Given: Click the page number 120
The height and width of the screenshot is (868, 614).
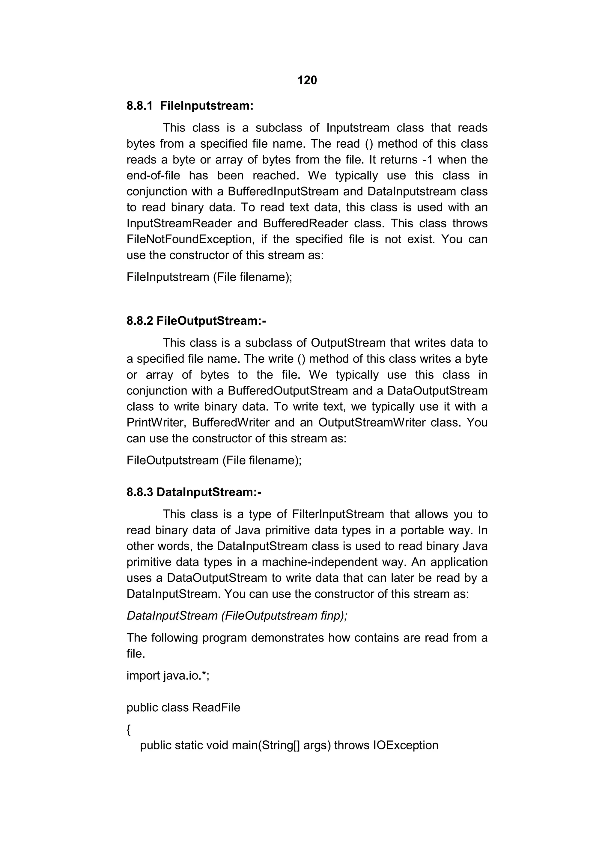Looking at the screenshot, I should [x=307, y=80].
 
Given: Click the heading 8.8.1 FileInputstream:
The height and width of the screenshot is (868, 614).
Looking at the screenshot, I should [x=190, y=106].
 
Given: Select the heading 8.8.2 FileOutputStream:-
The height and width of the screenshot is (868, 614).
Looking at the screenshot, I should [x=196, y=321].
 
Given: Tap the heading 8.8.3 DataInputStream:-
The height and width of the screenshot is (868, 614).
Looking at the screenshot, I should [x=194, y=492].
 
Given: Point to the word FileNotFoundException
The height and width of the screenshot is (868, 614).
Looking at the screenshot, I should [x=189, y=239].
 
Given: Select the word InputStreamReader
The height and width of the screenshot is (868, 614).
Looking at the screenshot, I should [x=179, y=223].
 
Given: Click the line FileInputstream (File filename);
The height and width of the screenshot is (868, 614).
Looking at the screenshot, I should [x=209, y=277].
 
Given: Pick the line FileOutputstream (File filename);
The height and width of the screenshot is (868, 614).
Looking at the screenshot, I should [x=214, y=460].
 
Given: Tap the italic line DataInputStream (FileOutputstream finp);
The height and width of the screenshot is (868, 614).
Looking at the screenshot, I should [x=237, y=616].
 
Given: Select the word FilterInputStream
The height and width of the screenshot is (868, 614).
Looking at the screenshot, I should [x=338, y=515].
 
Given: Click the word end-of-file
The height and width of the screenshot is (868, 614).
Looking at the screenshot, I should [x=153, y=176].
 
